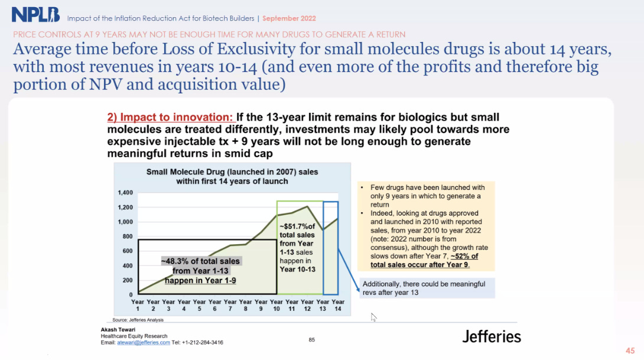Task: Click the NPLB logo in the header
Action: [x=35, y=15]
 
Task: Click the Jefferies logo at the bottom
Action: [x=491, y=336]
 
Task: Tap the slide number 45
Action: [x=630, y=349]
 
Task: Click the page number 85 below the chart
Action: [x=313, y=339]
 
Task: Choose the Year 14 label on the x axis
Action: [x=338, y=306]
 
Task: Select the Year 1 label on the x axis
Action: [x=138, y=306]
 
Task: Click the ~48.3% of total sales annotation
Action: [x=200, y=270]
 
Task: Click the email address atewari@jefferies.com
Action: [x=144, y=342]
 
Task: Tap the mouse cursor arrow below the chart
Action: [x=373, y=317]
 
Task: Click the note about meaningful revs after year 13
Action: [x=424, y=288]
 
